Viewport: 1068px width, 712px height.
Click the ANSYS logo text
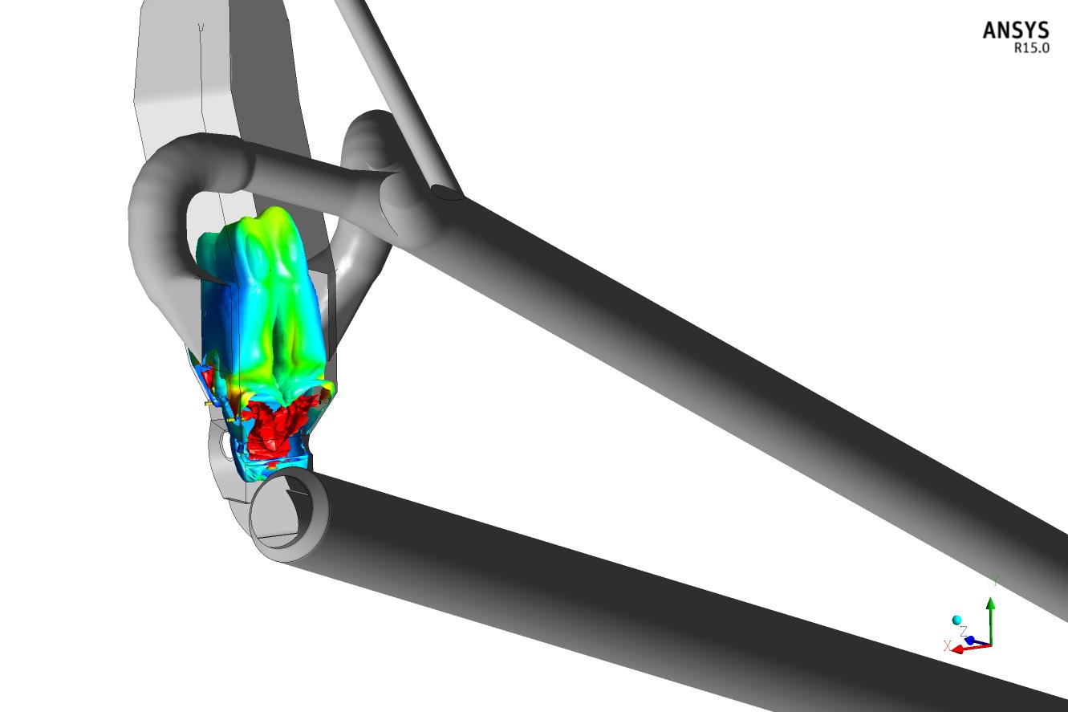point(1016,31)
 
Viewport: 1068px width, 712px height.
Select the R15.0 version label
point(1032,48)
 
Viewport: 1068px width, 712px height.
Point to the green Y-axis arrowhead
point(991,604)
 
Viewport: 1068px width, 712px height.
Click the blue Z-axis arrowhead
point(970,640)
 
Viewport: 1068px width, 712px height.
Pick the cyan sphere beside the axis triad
point(956,620)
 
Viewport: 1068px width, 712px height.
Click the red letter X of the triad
point(948,645)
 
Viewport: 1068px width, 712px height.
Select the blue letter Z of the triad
point(963,632)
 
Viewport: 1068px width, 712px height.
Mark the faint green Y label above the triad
point(995,580)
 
